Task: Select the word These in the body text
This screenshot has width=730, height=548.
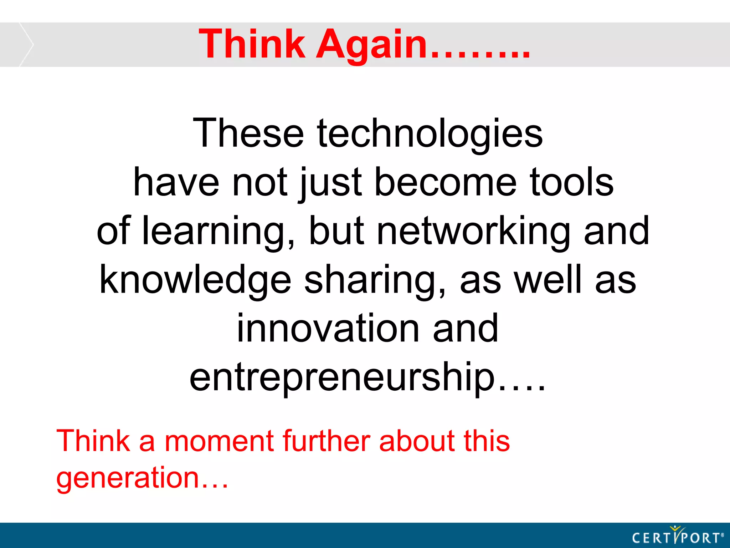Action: tap(248, 133)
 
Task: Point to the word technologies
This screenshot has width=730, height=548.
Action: tap(430, 134)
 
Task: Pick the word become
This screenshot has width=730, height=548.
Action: tap(446, 182)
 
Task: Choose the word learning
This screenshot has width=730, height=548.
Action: tap(218, 231)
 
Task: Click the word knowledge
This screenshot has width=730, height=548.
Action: tap(195, 280)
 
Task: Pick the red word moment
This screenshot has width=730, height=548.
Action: tap(219, 441)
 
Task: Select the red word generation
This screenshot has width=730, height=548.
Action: tap(128, 478)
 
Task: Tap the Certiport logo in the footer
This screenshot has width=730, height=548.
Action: tap(678, 536)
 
